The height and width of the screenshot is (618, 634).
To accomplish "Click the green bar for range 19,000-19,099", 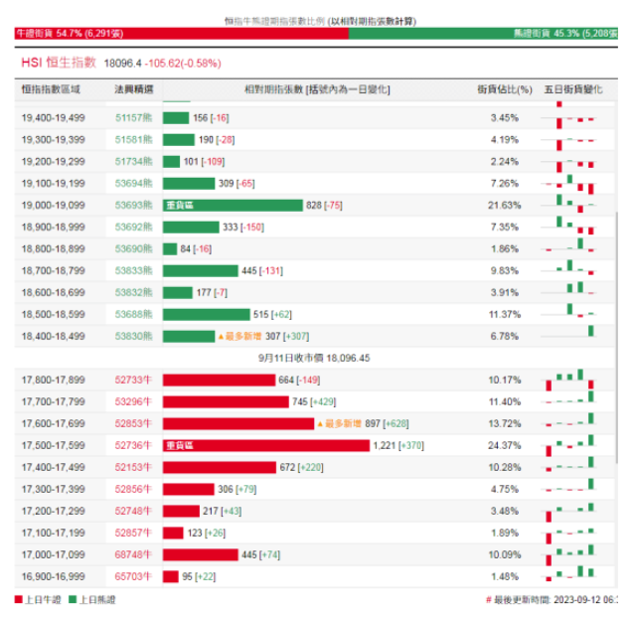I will [x=233, y=205].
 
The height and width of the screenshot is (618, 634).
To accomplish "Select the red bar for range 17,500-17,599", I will [x=265, y=445].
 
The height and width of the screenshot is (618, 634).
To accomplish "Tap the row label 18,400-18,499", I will [x=54, y=336].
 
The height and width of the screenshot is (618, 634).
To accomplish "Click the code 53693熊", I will [x=134, y=205].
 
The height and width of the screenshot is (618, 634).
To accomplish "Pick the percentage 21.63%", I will [x=505, y=205].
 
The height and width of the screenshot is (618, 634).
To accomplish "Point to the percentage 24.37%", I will [x=505, y=445].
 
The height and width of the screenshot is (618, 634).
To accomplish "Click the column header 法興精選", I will [x=134, y=89].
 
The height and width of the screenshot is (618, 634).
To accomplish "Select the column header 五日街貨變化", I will [x=573, y=89].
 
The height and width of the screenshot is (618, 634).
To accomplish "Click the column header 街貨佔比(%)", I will [x=505, y=89].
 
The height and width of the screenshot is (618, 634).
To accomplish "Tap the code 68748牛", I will [x=134, y=554].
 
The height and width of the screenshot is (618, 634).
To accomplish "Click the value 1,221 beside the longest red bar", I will [x=384, y=445].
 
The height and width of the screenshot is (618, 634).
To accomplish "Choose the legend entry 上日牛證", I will [x=43, y=599].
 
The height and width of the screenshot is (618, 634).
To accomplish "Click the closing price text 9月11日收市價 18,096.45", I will [x=314, y=358].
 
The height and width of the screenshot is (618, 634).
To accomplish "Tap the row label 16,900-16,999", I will [x=54, y=576].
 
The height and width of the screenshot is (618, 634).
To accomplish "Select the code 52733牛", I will [x=134, y=380].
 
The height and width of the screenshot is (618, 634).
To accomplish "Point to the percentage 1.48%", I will [x=505, y=576].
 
